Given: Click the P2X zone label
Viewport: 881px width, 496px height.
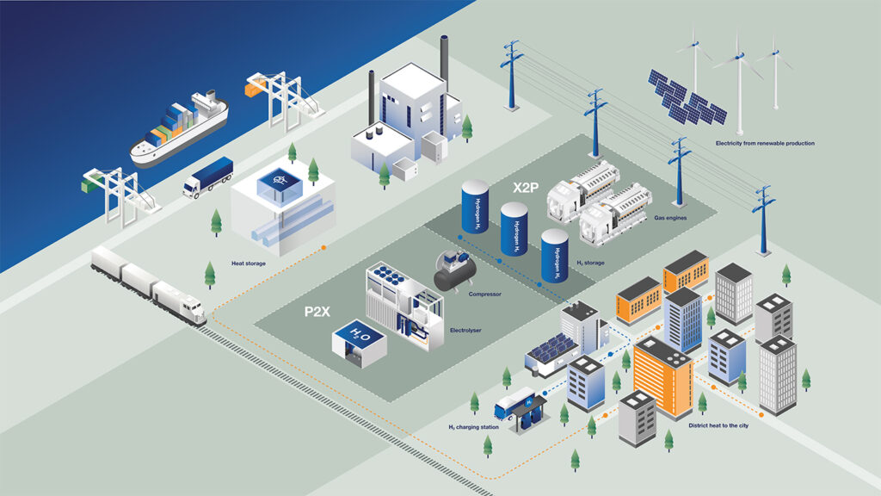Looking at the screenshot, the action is pyautogui.click(x=317, y=312).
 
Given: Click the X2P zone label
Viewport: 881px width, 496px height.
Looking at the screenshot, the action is pyautogui.click(x=526, y=188).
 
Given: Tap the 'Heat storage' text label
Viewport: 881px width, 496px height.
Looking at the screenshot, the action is pyautogui.click(x=249, y=263).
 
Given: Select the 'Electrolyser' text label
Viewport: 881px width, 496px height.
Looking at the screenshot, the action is pyautogui.click(x=465, y=330).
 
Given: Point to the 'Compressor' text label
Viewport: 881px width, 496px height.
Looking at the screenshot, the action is pyautogui.click(x=484, y=294).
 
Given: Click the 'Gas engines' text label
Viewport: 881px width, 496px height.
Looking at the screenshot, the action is pyautogui.click(x=669, y=218).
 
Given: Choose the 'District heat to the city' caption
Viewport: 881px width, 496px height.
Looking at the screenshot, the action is pyautogui.click(x=718, y=425).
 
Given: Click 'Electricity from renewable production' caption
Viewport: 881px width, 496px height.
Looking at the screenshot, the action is pyautogui.click(x=765, y=144).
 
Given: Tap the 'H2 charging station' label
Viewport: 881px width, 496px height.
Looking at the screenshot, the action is pyautogui.click(x=473, y=427).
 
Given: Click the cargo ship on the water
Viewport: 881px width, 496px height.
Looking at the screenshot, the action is pyautogui.click(x=179, y=129).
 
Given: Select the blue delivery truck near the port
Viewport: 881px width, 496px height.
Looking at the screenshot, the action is pyautogui.click(x=207, y=177).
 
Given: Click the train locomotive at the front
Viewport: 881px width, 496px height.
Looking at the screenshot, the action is pyautogui.click(x=179, y=302).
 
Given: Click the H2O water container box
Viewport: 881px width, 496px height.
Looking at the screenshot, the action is pyautogui.click(x=359, y=343).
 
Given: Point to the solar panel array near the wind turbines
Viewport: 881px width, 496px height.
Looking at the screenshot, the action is pyautogui.click(x=687, y=97).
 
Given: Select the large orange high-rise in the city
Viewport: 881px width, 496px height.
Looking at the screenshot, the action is pyautogui.click(x=663, y=377).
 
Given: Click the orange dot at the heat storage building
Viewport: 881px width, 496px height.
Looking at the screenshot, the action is pyautogui.click(x=323, y=247).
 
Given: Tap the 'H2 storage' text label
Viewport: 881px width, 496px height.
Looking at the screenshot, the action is pyautogui.click(x=590, y=263).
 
